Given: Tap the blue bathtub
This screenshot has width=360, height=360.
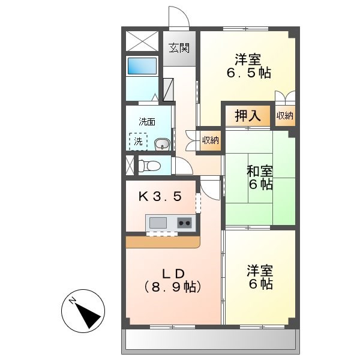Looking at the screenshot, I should tap(142, 65).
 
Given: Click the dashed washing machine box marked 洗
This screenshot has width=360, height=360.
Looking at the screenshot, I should tap(138, 142).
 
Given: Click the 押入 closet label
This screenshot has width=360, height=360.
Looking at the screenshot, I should tap(248, 116).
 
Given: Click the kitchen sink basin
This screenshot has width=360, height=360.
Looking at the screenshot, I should tap(158, 223).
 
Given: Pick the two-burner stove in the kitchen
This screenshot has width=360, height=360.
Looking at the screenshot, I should tap(184, 223).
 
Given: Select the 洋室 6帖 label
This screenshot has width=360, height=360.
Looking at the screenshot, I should tap(260, 276).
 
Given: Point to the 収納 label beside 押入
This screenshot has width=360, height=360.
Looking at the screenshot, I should tap(285, 116).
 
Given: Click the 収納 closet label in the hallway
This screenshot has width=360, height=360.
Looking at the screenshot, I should tap(210, 140).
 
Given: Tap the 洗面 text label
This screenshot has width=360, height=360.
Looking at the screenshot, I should tap(147, 122).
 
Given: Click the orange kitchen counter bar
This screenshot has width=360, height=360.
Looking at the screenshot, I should tap(162, 242).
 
